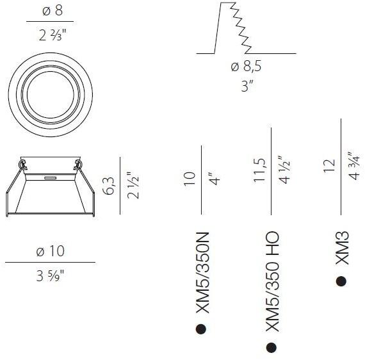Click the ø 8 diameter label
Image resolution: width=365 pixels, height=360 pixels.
53,11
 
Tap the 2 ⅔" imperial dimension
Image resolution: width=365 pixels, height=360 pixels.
53,35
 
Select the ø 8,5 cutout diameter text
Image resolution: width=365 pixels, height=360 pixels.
246,67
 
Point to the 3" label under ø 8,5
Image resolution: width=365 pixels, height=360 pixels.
247,86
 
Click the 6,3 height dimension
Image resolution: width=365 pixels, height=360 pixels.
108,186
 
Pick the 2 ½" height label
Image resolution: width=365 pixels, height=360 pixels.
133,185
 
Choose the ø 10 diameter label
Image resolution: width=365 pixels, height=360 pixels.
51,251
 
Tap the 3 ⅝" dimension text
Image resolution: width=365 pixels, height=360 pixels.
50,276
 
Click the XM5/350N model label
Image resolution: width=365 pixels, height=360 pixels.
202,272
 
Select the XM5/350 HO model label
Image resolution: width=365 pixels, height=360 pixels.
272,281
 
